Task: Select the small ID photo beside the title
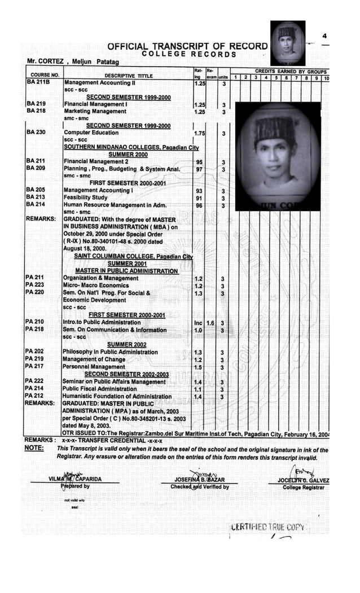[287, 43]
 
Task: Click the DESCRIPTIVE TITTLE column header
[129, 76]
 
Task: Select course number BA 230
[36, 133]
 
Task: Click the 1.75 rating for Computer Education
[199, 133]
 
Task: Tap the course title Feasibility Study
[86, 198]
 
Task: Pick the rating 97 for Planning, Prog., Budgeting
[199, 169]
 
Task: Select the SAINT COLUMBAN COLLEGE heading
[134, 256]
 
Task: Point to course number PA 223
[35, 285]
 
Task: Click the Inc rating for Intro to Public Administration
[198, 323]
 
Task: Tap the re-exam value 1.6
[210, 323]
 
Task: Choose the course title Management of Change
[94, 359]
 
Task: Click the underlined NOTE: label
[34, 449]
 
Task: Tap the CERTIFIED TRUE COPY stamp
[269, 528]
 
